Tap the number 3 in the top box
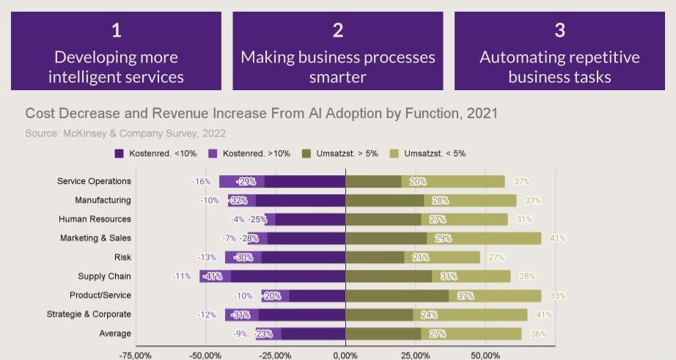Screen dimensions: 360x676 [559, 31]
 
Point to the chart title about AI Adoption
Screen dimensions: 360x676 [262, 114]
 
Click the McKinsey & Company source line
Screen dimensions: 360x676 [125, 133]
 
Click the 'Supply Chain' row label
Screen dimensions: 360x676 [104, 276]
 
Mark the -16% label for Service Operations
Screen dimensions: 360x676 [201, 181]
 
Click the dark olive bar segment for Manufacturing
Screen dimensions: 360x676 [384, 200]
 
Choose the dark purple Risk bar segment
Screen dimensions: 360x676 [303, 257]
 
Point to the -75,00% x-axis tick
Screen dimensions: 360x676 [136, 355]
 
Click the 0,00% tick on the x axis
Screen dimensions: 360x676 [345, 355]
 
